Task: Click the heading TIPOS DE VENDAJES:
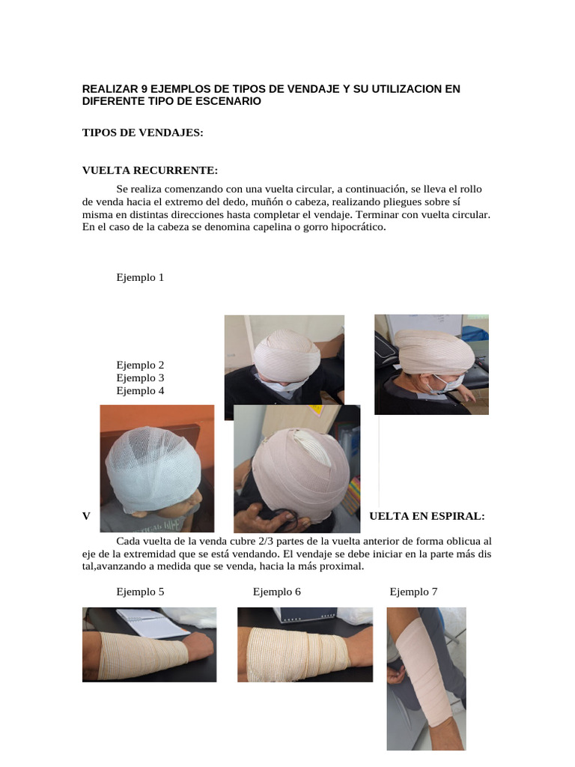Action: click(x=142, y=133)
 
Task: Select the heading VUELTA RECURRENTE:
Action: click(x=150, y=171)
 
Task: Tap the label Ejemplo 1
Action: click(x=140, y=277)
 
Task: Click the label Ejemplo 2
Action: click(x=140, y=366)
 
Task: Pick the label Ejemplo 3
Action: click(x=140, y=378)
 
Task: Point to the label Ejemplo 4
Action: click(x=140, y=391)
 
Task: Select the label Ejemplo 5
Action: click(x=140, y=592)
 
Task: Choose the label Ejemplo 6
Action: click(x=276, y=592)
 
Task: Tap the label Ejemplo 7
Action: click(x=413, y=592)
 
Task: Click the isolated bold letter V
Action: click(x=86, y=517)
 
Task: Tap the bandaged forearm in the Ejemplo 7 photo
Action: click(x=425, y=659)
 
